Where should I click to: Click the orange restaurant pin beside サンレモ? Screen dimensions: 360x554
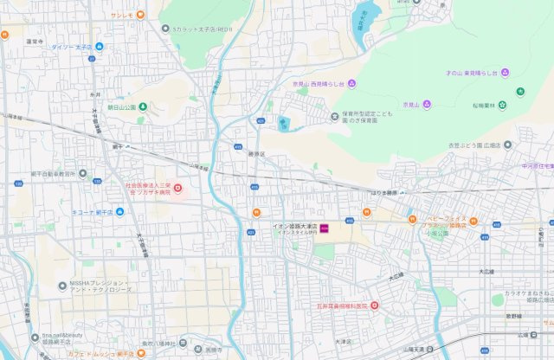[140, 16]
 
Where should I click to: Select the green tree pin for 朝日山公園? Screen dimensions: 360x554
[144, 106]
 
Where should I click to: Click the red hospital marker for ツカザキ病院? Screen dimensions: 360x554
[177, 187]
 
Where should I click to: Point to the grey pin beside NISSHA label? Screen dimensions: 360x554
[61, 286]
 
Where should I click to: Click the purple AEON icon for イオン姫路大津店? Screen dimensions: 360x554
[325, 227]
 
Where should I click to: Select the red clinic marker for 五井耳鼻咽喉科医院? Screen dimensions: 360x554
[375, 305]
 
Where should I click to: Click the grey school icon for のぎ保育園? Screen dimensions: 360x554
[335, 117]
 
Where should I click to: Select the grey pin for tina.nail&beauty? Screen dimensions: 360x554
[35, 336]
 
